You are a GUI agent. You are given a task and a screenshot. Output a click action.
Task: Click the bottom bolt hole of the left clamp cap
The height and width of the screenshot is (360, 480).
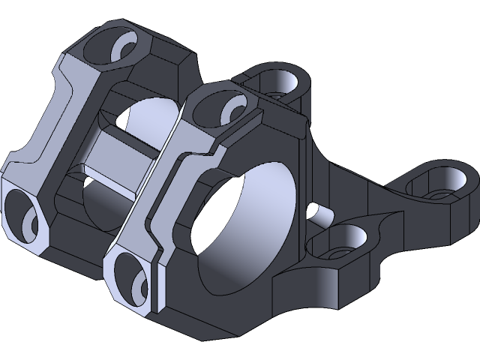coord(24,216)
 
